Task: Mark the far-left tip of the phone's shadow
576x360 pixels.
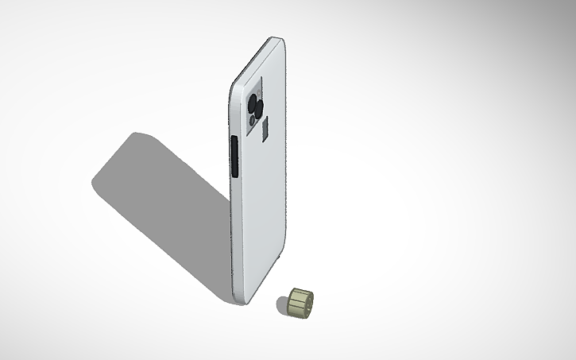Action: tap(92, 181)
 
